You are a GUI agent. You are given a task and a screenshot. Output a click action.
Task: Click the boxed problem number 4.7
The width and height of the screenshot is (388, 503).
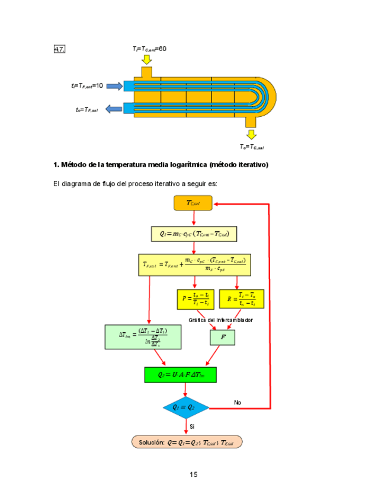point(59,49)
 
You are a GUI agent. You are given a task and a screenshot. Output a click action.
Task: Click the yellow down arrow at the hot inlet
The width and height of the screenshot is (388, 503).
point(146,59)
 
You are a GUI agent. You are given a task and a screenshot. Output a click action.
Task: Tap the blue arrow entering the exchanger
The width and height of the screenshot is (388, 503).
point(113,86)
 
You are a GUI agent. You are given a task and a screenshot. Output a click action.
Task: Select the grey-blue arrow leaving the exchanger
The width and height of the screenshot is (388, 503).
point(113,109)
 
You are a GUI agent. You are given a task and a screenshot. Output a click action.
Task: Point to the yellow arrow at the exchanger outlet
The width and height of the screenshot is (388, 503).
point(252,134)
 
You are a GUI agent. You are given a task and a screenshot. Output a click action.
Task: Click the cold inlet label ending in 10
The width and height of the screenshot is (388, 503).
point(87,86)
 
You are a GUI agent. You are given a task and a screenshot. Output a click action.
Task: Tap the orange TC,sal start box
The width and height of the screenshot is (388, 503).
point(193,203)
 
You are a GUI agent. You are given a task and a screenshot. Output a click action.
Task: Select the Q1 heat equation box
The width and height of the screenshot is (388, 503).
point(194,234)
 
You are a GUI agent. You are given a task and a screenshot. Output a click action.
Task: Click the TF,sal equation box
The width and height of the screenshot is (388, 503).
point(194,265)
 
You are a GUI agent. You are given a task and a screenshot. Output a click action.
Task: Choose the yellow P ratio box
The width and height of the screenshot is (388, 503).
point(195,299)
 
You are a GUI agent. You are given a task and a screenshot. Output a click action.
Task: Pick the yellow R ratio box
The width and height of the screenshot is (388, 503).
point(241,299)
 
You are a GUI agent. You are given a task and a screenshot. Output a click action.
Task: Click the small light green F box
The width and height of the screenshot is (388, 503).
point(222,338)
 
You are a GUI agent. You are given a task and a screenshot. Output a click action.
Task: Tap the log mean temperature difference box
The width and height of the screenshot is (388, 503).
point(142,336)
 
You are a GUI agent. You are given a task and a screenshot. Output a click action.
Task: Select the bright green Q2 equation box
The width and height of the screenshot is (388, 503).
point(180,375)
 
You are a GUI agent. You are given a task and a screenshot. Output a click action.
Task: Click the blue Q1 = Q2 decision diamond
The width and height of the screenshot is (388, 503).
point(186,408)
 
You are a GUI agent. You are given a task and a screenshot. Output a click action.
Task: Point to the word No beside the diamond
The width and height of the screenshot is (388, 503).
point(238,402)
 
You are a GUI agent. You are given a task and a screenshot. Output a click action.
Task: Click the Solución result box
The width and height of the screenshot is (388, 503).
point(187,442)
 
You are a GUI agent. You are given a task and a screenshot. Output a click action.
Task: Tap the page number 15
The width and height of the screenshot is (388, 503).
point(194,474)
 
